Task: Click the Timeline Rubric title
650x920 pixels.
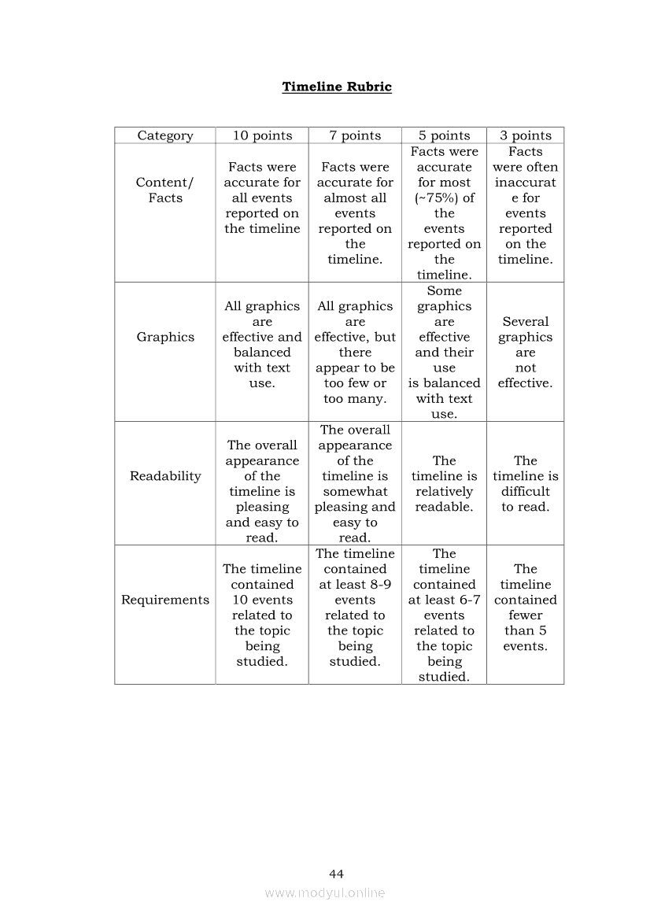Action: click(337, 87)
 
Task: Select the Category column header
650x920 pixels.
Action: click(165, 135)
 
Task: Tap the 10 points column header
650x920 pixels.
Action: click(262, 135)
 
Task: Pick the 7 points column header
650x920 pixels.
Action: click(355, 135)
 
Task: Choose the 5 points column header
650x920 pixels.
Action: click(444, 135)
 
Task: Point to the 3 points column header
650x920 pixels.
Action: click(526, 135)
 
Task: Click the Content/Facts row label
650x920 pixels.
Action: click(165, 190)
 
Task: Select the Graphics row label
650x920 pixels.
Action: click(165, 337)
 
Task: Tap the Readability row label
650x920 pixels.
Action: click(165, 476)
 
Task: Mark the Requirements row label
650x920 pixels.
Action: click(165, 600)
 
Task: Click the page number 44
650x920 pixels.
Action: click(337, 874)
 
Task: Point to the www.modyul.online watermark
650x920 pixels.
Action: click(325, 892)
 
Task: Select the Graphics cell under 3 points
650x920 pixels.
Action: click(526, 352)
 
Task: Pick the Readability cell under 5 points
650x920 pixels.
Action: click(444, 483)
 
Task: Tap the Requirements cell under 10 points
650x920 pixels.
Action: click(262, 615)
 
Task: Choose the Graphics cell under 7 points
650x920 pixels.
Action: click(355, 352)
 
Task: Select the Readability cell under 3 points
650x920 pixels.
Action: click(526, 483)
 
